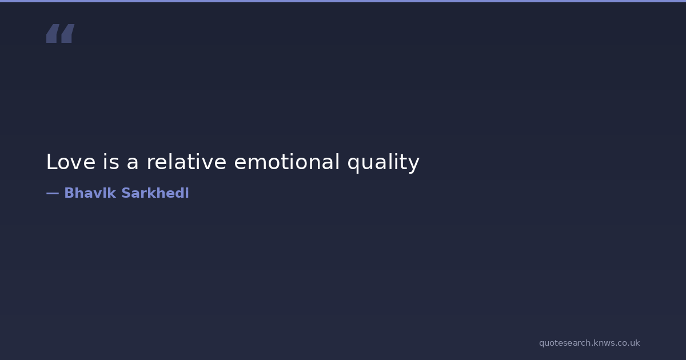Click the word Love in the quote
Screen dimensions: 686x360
(x=71, y=162)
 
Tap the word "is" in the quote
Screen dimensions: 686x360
(x=111, y=161)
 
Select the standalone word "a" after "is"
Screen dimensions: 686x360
(x=132, y=163)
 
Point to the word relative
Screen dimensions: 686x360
(x=186, y=161)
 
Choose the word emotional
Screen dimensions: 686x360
(x=287, y=161)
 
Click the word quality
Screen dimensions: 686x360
(x=384, y=163)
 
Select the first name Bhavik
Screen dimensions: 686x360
(x=90, y=193)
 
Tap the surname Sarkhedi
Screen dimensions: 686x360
(x=155, y=193)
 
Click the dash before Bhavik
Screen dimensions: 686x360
(x=53, y=194)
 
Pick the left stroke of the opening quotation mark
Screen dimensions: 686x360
(x=53, y=33)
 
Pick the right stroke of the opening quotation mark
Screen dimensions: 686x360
(x=67, y=33)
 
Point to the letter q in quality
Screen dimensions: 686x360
(x=353, y=165)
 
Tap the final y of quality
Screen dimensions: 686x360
(x=413, y=166)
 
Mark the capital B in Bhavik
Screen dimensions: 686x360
(x=69, y=193)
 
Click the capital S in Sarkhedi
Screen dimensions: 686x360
(x=126, y=193)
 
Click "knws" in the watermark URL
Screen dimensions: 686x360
(x=603, y=343)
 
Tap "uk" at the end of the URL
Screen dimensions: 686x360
(x=635, y=343)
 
